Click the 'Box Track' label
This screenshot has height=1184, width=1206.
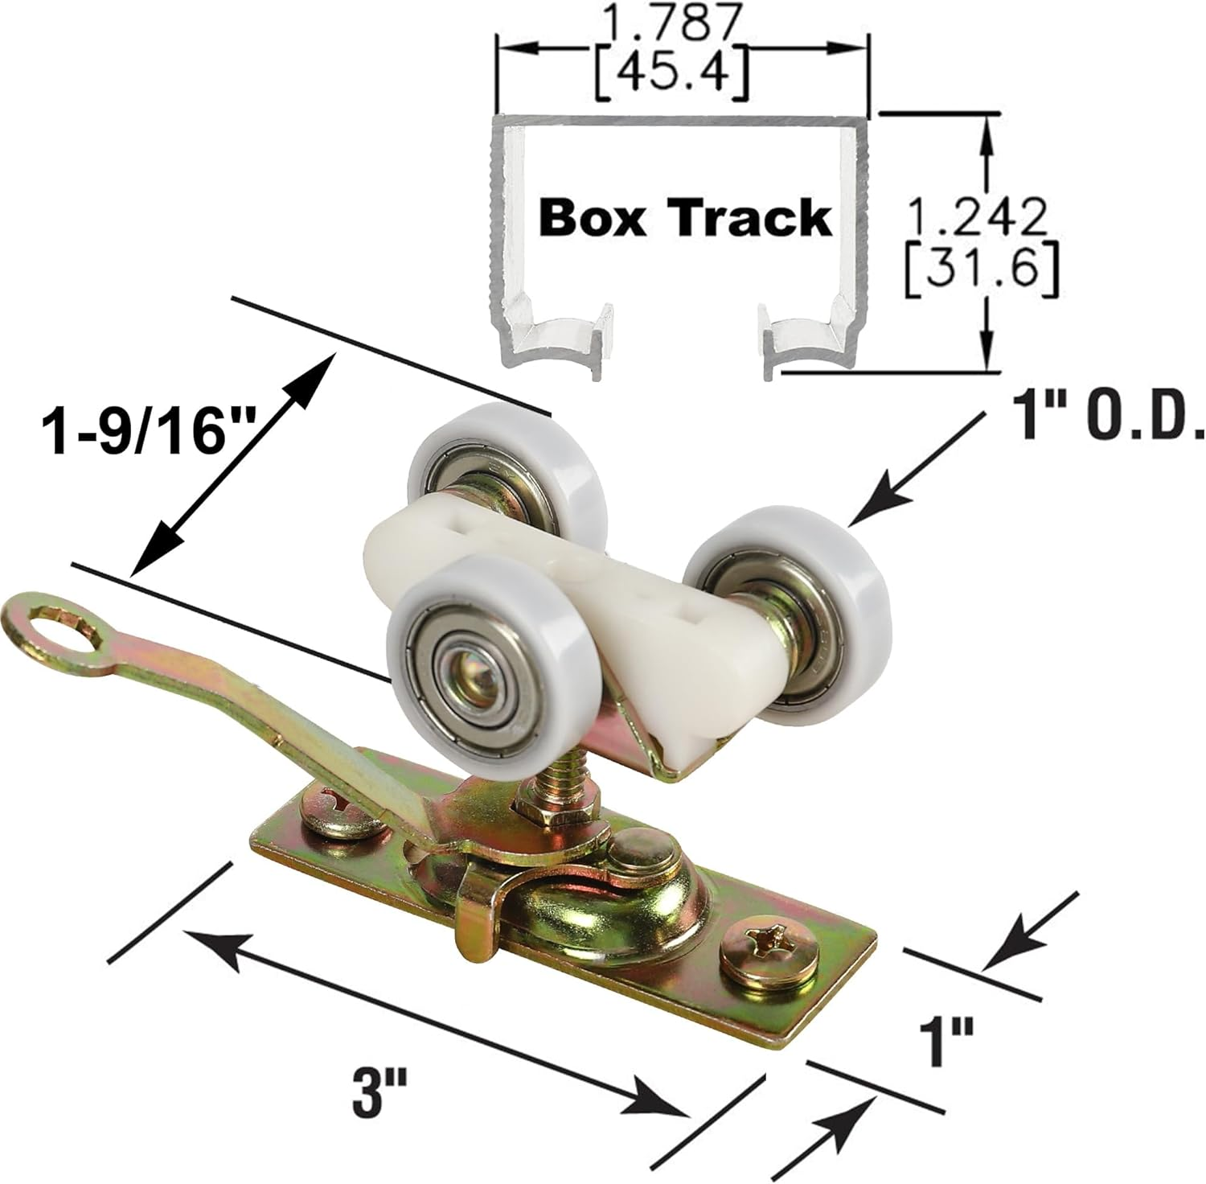click(x=685, y=218)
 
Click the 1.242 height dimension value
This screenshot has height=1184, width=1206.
click(x=976, y=216)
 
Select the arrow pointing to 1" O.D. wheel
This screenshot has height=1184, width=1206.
click(x=917, y=467)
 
